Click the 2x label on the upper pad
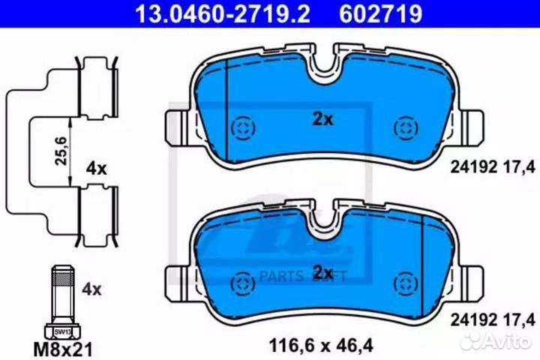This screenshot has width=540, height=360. pyautogui.click(x=322, y=118)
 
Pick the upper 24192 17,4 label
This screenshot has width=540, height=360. pyautogui.click(x=492, y=166)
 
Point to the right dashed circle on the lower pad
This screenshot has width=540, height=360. pyautogui.click(x=406, y=283)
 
